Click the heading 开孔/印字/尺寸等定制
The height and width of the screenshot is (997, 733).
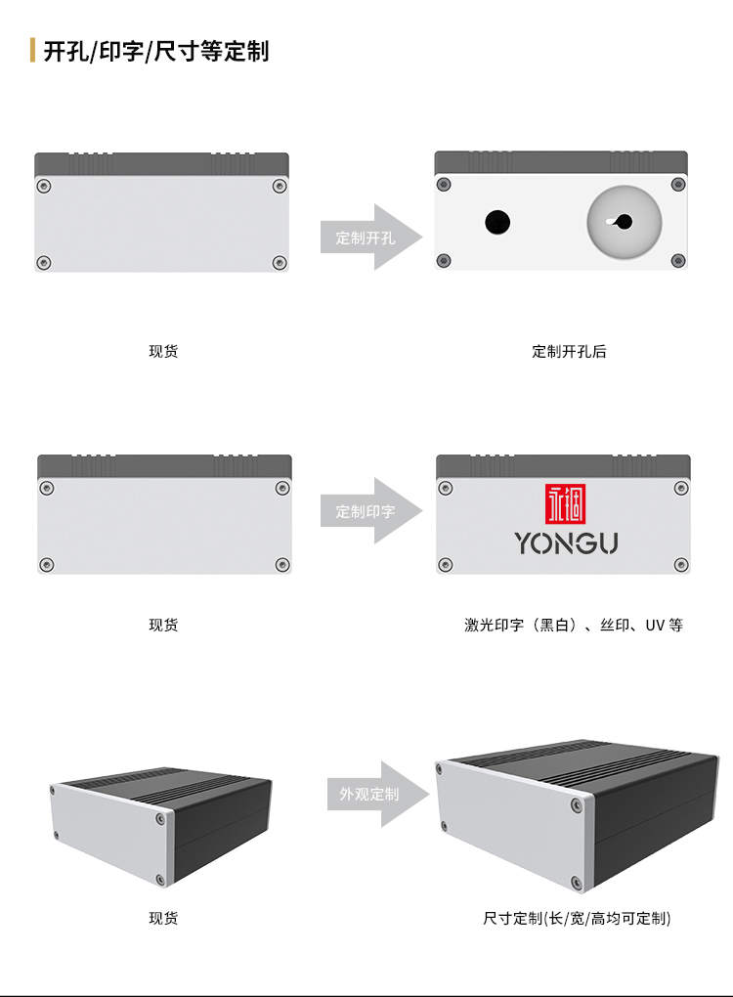155,51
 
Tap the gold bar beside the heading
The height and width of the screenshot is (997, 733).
32,50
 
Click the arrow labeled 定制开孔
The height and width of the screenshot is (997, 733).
371,238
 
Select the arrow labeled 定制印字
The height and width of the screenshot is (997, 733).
371,510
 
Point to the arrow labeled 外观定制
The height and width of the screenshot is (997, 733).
378,794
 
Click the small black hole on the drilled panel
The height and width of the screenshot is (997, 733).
497,222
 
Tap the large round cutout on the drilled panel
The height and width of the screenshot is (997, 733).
625,222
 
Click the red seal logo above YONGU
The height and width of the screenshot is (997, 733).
565,503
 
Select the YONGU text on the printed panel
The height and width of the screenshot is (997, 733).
566,543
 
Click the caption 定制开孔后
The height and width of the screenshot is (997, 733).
569,352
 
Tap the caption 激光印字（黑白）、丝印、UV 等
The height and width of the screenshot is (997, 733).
574,625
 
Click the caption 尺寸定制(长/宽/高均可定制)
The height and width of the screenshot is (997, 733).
577,918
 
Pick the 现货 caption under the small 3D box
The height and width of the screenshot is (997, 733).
163,918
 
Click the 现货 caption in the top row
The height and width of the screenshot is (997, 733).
163,352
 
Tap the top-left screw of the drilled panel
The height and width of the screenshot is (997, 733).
444,185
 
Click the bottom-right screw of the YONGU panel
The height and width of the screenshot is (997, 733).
681,565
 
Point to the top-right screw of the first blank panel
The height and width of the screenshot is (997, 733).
280,186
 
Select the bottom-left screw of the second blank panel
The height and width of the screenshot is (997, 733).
46,565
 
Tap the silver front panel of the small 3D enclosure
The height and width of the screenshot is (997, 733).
108,832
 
